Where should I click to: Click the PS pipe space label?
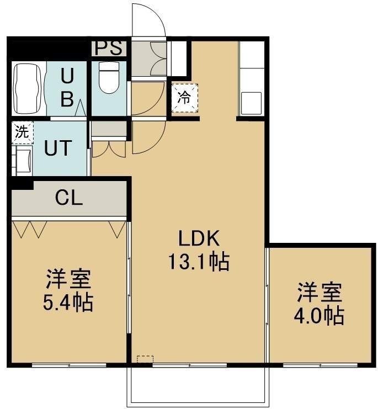109,48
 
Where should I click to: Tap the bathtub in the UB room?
28,89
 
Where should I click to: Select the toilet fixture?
109,78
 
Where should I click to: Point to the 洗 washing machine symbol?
23,132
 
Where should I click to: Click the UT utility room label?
57,148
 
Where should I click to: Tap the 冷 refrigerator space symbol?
184,98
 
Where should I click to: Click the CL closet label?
69,198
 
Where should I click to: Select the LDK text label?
199,238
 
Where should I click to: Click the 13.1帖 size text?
199,262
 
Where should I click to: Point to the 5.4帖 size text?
68,302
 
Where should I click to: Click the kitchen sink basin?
251,103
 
